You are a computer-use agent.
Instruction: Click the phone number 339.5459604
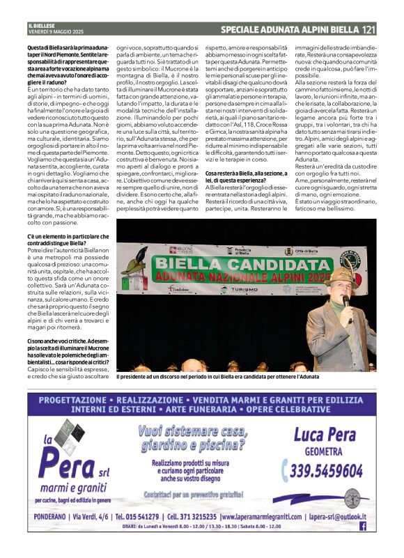tap(327, 471)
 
